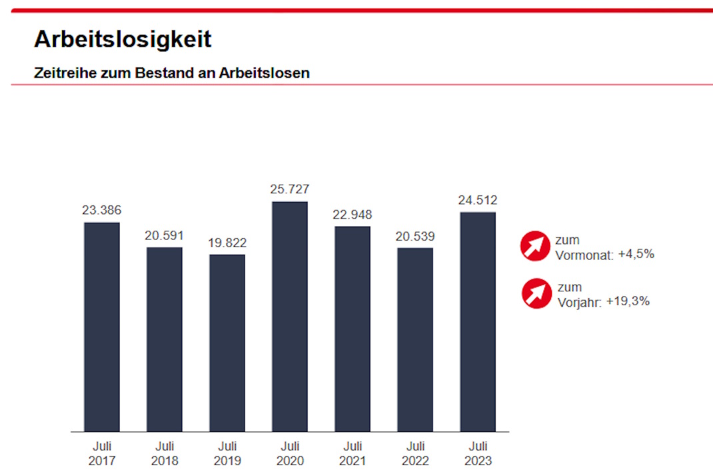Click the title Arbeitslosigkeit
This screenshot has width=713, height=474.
(x=123, y=39)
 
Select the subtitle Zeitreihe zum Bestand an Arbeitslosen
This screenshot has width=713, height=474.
(x=171, y=73)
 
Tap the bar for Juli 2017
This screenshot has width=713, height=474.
(x=101, y=327)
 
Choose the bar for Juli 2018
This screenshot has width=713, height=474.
(x=165, y=339)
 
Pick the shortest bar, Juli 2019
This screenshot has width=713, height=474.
(x=227, y=343)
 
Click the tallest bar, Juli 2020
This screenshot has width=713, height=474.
(x=290, y=317)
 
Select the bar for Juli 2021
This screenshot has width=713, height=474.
(x=353, y=329)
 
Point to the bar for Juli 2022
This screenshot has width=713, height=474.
(x=415, y=339)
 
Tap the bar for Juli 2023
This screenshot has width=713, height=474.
(x=478, y=322)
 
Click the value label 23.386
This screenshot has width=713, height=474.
(x=101, y=210)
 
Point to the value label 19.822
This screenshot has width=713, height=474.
(x=227, y=243)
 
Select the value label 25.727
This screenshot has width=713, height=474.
(x=290, y=189)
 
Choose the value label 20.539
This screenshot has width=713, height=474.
(x=415, y=236)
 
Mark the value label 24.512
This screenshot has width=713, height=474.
(x=478, y=200)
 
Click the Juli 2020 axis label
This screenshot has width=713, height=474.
(x=290, y=453)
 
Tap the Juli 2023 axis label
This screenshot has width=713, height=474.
(x=478, y=453)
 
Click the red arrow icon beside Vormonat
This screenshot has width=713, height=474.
(x=536, y=247)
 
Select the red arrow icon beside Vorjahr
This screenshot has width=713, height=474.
(x=536, y=294)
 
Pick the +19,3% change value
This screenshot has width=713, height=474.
(x=628, y=301)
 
